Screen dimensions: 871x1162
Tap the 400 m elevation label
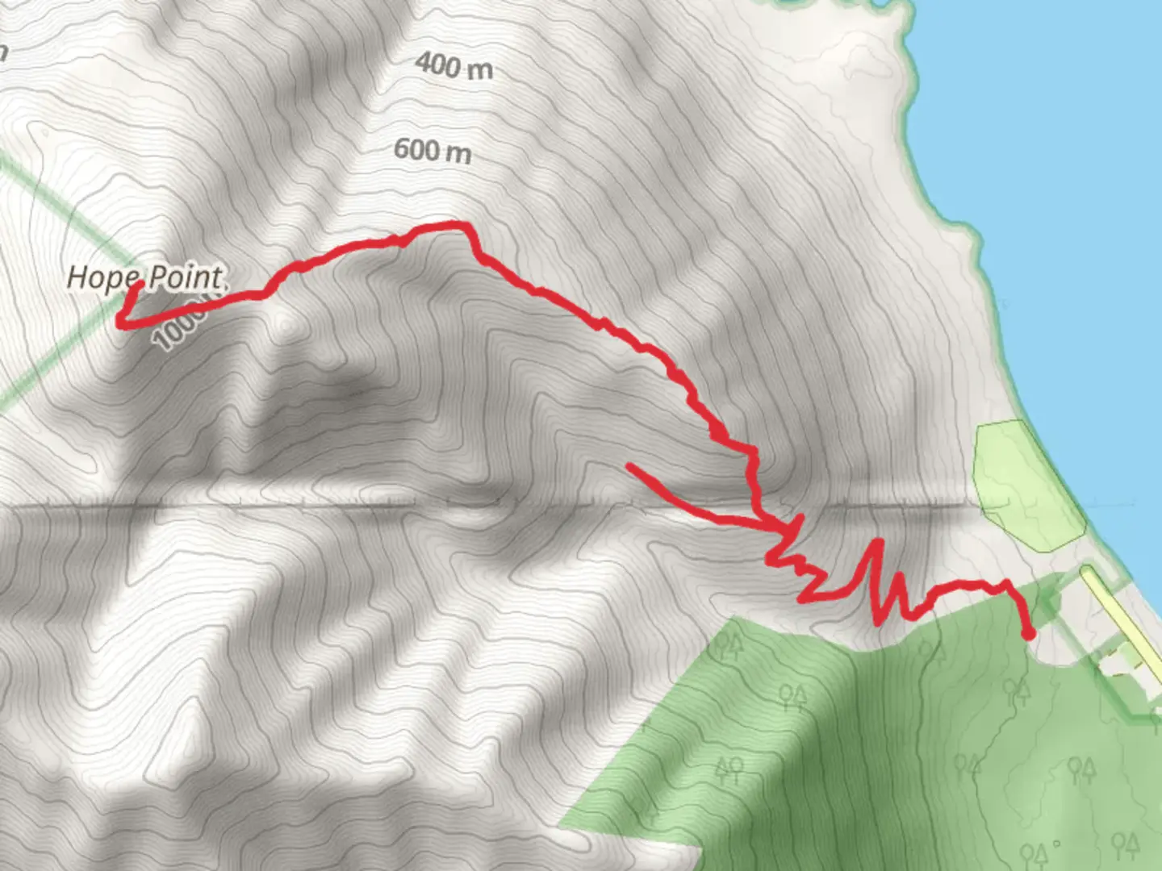coord(454,66)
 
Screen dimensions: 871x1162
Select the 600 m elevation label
coord(433,150)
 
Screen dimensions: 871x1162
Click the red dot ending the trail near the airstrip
coord(1029,635)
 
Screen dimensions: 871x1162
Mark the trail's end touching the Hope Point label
coord(141,284)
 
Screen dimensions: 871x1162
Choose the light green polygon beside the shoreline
coord(1025,484)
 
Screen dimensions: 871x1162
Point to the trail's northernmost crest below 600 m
coord(452,224)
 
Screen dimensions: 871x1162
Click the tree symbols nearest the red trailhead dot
coord(1015,690)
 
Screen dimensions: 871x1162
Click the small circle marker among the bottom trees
coord(1056,845)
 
